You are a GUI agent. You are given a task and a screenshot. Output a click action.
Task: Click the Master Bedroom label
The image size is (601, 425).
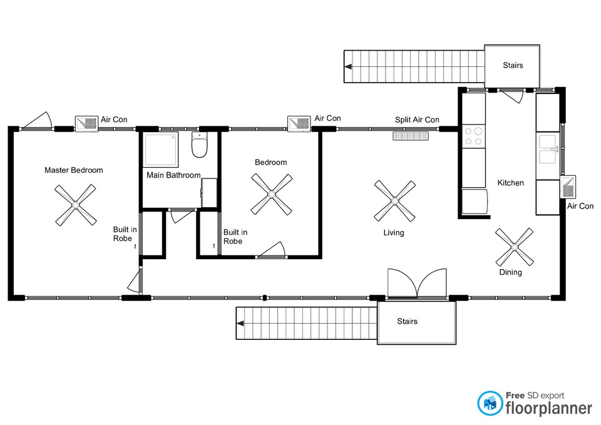point(74,170)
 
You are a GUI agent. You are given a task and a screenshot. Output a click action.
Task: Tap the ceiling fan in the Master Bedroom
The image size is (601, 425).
point(76,205)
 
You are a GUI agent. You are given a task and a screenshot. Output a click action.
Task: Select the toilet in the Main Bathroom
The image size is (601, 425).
point(199,145)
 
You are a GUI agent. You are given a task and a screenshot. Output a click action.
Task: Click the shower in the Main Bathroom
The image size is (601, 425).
point(161,150)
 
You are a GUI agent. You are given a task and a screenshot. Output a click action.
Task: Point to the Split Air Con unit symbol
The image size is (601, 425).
point(410,136)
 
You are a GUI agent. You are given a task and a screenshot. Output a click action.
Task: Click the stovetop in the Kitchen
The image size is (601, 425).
point(473,136)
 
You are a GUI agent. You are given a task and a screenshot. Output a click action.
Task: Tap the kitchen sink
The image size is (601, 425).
point(548,149)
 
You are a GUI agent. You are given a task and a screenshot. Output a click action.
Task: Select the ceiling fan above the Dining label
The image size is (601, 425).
point(515,247)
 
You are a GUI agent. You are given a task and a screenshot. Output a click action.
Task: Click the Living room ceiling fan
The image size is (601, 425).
point(395,201)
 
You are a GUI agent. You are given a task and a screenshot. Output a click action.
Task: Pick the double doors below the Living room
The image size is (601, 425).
point(417,284)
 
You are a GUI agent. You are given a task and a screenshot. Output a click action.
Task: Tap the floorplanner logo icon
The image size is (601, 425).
point(490,403)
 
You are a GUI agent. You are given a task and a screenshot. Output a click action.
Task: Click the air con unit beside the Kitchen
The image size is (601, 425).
point(568,187)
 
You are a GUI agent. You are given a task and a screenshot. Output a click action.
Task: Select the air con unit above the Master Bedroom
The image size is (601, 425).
point(86,124)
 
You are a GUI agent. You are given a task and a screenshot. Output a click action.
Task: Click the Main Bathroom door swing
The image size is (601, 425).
point(180,215)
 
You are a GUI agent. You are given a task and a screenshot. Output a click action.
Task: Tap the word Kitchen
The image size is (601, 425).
point(511,183)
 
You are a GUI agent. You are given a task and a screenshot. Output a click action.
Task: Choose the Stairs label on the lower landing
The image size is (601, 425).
point(407,321)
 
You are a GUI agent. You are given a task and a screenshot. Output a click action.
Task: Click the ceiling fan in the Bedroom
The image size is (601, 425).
point(271,194)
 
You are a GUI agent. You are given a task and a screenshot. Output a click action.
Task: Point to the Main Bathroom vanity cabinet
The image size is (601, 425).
point(209,193)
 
